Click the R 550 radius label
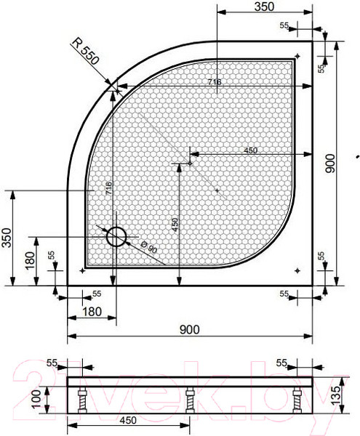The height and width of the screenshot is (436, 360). (87, 52)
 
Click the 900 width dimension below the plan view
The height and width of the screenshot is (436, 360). (188, 330)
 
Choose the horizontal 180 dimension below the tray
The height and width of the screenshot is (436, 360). (91, 312)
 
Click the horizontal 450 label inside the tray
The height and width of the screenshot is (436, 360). (250, 150)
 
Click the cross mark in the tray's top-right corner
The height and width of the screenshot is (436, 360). (297, 56)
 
